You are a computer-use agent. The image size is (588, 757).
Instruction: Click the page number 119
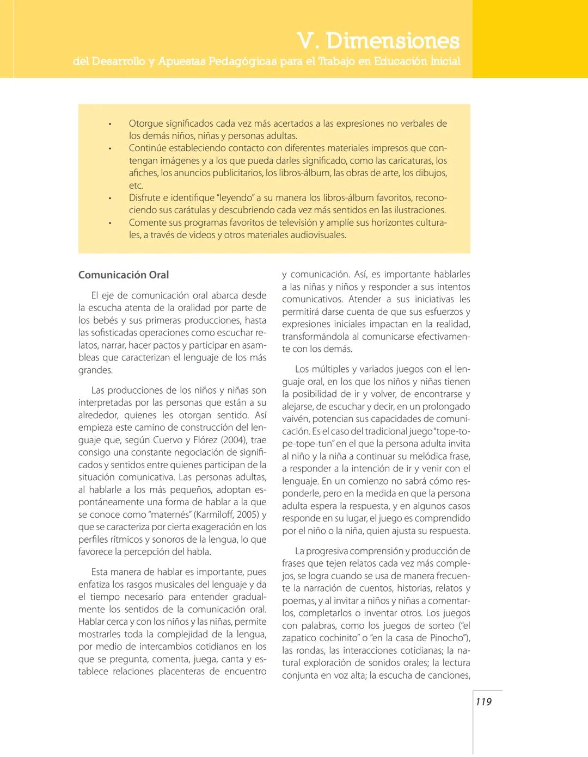point(483,702)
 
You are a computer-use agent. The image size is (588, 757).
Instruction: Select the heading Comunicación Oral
point(124,275)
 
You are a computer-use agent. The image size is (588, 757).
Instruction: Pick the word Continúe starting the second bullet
point(149,148)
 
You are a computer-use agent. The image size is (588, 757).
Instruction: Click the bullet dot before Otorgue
point(110,124)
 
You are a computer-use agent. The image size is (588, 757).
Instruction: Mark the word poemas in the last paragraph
point(299,600)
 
